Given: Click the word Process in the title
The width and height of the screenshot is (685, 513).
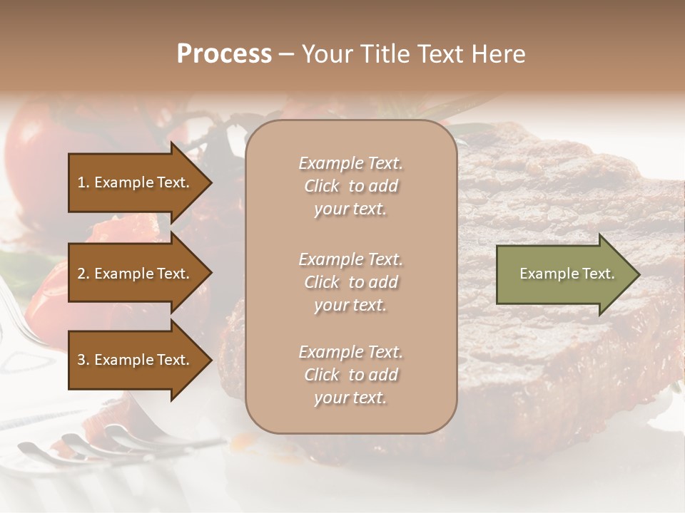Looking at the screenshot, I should tap(224, 54).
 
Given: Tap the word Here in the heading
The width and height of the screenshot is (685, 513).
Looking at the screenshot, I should tap(497, 54).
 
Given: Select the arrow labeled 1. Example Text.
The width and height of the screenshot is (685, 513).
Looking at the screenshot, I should tap(136, 182).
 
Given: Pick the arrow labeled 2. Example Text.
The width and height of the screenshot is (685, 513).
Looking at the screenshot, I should tap(136, 274).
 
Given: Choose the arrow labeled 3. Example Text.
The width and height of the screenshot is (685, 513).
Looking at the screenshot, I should tap(136, 360).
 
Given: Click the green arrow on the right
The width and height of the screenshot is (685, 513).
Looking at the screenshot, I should tap(564, 274).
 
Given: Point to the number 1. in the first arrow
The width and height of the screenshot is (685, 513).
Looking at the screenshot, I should tap(83, 182).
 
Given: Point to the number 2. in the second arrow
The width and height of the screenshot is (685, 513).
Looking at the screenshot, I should tap(83, 274).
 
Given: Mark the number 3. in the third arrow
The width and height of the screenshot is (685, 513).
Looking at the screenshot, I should tap(83, 360).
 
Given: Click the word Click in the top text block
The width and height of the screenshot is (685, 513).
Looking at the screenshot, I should tap(322, 186).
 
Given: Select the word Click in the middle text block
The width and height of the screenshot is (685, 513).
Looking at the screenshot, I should tap(322, 282).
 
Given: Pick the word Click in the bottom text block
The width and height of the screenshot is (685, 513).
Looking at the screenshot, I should tap(322, 375).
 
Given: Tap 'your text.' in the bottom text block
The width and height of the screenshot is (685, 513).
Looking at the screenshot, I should tap(350, 398).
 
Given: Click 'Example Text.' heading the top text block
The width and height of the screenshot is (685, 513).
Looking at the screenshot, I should tap(350, 163).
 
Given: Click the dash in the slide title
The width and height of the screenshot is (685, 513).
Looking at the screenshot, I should tap(286, 55).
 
